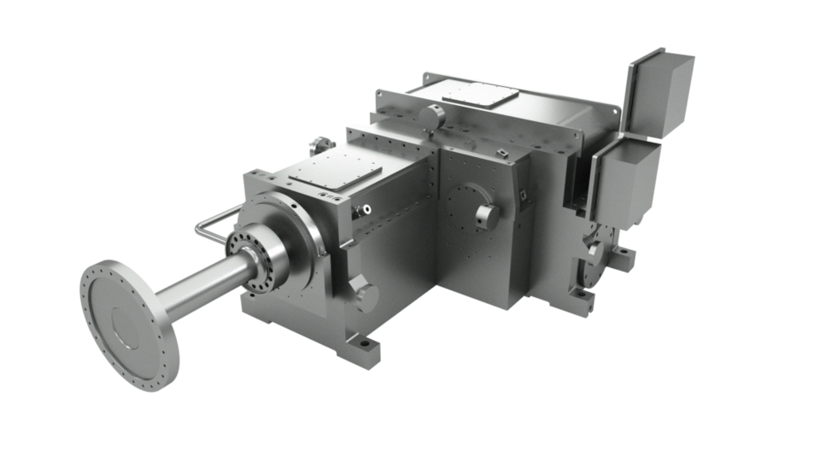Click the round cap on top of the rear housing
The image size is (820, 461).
pyautogui.click(x=436, y=113)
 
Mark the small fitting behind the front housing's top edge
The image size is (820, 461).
pyautogui.click(x=321, y=140)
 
